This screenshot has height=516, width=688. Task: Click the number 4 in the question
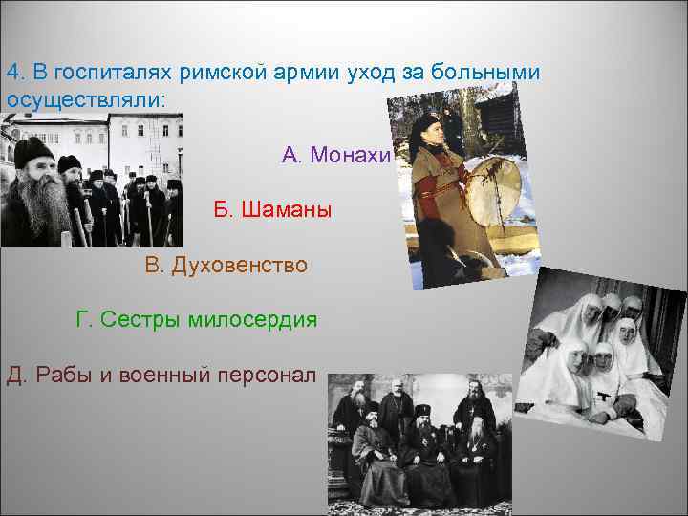point(12,73)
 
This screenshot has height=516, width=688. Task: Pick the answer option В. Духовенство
point(226,264)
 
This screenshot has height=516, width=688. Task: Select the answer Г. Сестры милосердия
point(196,318)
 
